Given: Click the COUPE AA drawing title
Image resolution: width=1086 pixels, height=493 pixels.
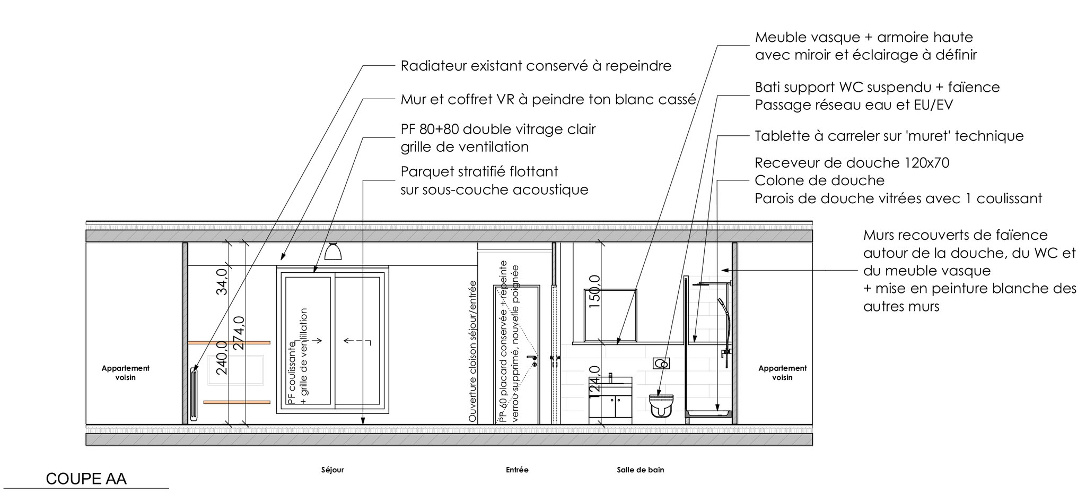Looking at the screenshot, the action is tap(86, 479).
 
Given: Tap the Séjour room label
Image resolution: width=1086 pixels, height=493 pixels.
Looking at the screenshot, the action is tap(332, 470).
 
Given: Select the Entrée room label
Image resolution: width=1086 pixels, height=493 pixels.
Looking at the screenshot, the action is tap(517, 470).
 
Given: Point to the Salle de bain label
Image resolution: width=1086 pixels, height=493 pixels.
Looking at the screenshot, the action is tap(640, 470).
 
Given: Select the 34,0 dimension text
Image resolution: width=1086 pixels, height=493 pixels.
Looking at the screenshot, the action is tap(222, 282).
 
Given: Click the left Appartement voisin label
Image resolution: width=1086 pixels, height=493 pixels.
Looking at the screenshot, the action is tap(126, 373).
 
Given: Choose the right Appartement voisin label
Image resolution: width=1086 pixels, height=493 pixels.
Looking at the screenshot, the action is tap(782, 373).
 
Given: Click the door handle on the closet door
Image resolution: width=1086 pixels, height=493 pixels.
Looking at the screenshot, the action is tap(532, 360).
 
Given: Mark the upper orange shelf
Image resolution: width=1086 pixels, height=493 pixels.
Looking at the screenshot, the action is tap(229, 343).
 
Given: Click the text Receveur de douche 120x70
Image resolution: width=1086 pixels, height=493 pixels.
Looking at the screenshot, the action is tap(852, 162).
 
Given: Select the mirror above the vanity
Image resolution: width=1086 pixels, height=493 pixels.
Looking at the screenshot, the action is tap(610, 315).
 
